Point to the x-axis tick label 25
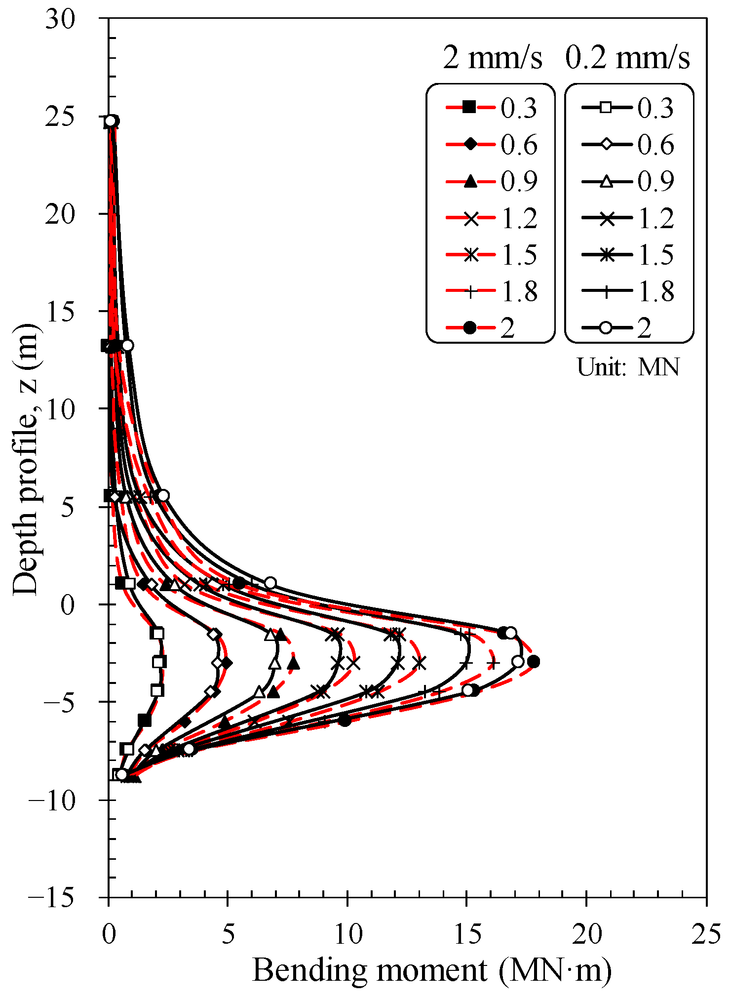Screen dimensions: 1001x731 tap(706, 935)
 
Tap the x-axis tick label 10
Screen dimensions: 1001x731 tap(347, 935)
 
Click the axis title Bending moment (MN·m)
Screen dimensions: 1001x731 tap(432, 970)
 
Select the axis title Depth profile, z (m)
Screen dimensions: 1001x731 tap(26, 459)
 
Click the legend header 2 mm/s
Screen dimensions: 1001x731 tap(492, 58)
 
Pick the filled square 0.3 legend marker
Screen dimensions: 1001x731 tap(469, 107)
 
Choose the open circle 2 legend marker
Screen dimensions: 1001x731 tap(606, 327)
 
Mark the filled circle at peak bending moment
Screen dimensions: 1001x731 tap(533, 662)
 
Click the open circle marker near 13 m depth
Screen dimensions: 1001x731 tap(127, 345)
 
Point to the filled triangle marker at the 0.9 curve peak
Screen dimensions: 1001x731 tap(294, 663)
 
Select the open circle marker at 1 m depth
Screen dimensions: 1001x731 tap(270, 583)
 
